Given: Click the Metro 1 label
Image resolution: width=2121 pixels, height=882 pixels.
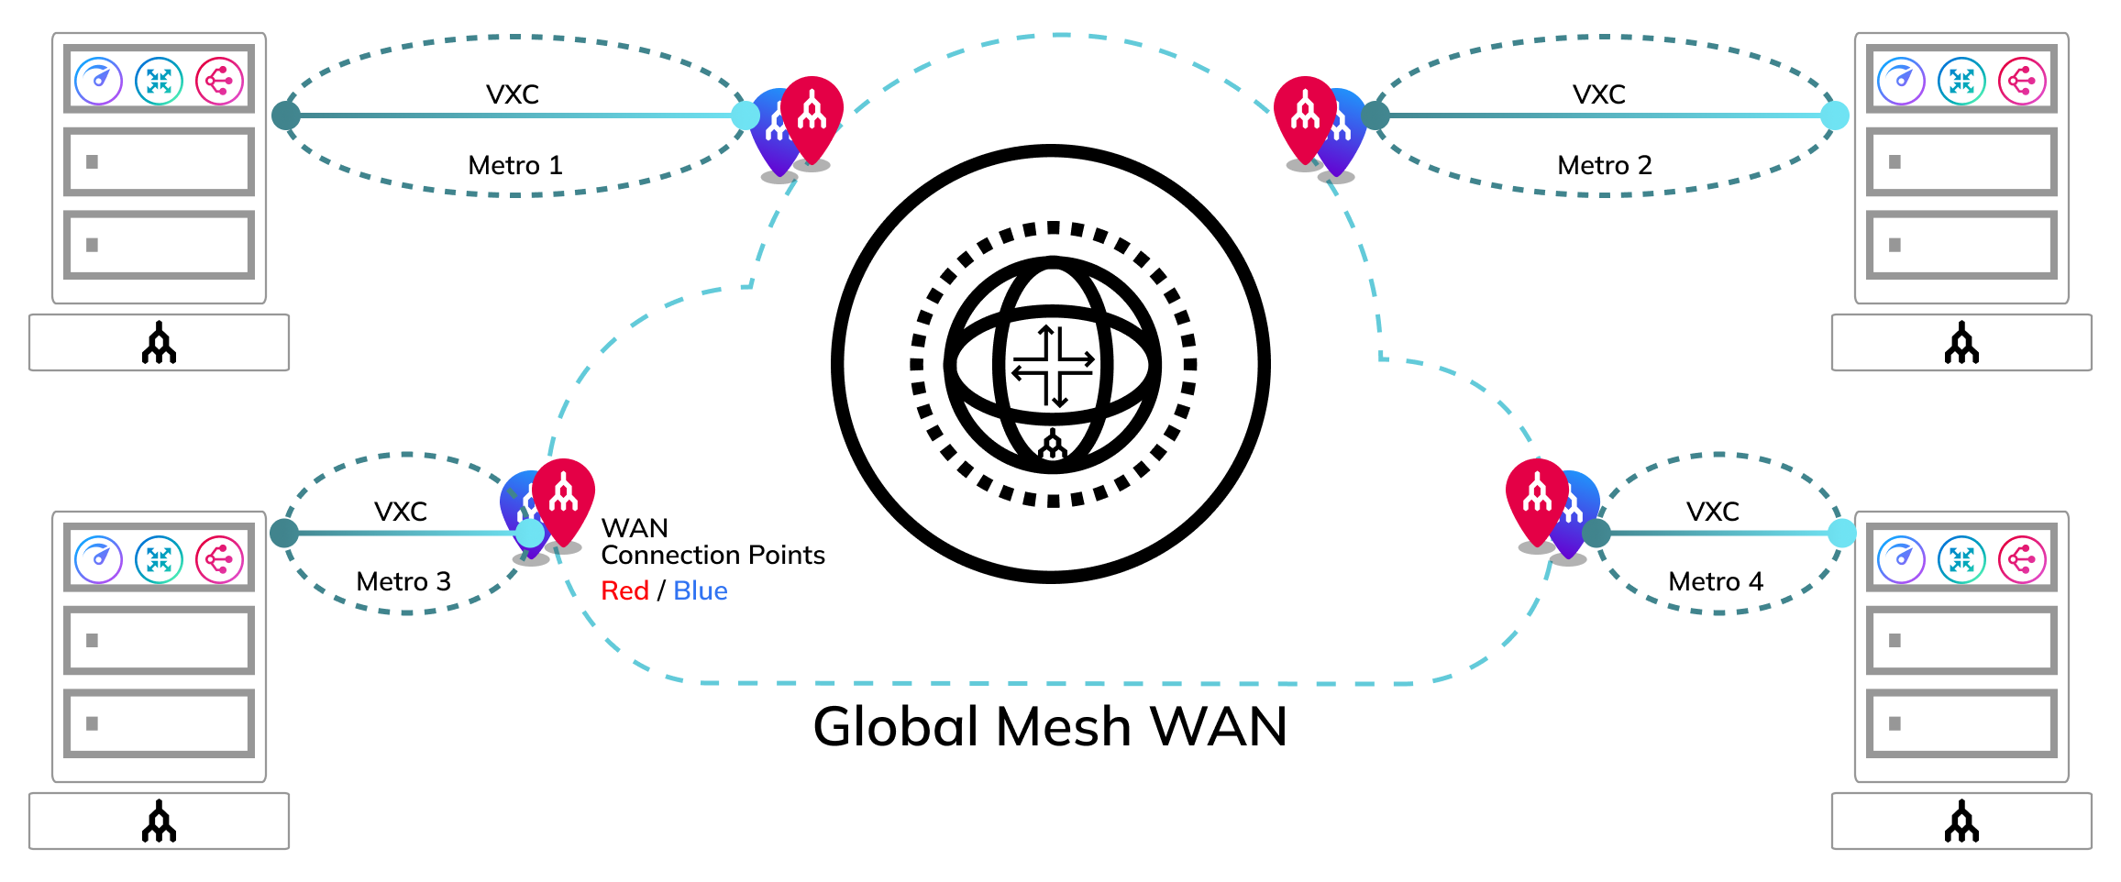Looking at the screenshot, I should (514, 165).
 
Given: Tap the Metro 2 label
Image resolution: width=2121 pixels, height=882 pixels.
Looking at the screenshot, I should (1604, 165).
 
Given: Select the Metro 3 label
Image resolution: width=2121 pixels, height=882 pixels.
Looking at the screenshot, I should (403, 581).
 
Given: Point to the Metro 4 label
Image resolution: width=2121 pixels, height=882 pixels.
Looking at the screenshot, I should (1716, 581).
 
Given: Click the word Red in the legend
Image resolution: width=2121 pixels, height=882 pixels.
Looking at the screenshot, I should (624, 590).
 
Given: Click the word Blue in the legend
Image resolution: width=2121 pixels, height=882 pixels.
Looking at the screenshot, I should (700, 590).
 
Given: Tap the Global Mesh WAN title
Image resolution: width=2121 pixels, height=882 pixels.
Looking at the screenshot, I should (1050, 726).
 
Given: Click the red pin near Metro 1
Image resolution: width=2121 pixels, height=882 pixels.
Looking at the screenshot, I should (812, 115).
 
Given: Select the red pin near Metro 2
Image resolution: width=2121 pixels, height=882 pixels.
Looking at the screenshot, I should (1305, 115).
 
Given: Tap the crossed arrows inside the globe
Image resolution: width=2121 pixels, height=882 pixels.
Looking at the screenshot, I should (1053, 366).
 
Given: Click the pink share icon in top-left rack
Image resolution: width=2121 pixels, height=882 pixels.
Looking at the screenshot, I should (219, 81).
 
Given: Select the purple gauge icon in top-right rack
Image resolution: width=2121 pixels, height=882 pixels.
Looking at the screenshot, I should (1901, 81).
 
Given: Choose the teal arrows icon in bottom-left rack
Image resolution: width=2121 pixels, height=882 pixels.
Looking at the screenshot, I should (159, 559).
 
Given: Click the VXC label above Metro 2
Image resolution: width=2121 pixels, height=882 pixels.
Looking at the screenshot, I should (1598, 94).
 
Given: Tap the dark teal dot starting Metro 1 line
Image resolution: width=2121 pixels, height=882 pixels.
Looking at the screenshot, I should (286, 116).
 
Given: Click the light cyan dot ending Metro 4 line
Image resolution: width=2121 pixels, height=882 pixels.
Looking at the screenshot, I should (1841, 533).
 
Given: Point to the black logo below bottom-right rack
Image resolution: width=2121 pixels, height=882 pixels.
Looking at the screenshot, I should (1961, 821).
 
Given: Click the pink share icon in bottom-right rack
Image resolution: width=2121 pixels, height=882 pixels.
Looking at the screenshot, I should (2022, 559).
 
